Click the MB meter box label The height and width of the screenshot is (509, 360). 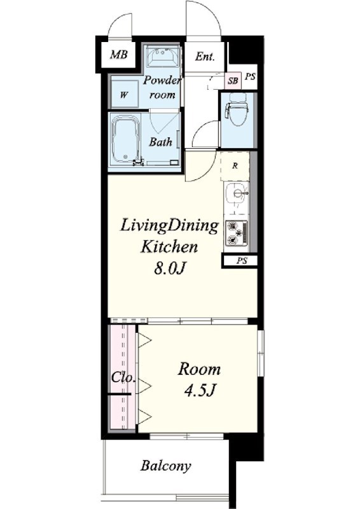tap(118, 55)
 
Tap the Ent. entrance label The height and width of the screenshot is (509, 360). tap(205, 57)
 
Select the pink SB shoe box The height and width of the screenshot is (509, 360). tap(233, 80)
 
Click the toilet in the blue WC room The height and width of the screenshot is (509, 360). tap(239, 109)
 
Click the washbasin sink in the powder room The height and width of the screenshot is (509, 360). tap(163, 56)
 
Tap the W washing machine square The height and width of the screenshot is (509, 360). tap(123, 94)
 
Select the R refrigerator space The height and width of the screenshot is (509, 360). tap(235, 166)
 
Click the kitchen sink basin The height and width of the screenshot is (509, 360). tap(237, 193)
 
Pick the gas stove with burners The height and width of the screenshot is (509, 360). tap(237, 232)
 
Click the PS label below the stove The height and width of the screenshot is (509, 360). tap(242, 261)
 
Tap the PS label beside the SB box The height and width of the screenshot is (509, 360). tap(250, 76)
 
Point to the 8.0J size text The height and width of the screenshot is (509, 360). tap(170, 268)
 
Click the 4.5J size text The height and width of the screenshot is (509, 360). tap(200, 390)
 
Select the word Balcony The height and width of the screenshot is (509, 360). tap(166, 466)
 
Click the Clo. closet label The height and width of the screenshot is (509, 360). tap(123, 377)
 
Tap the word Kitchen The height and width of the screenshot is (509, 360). tap(169, 247)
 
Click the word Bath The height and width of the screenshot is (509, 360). tap(160, 142)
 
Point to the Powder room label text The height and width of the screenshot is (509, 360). tap(162, 87)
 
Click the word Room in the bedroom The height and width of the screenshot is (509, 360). tap(199, 369)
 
